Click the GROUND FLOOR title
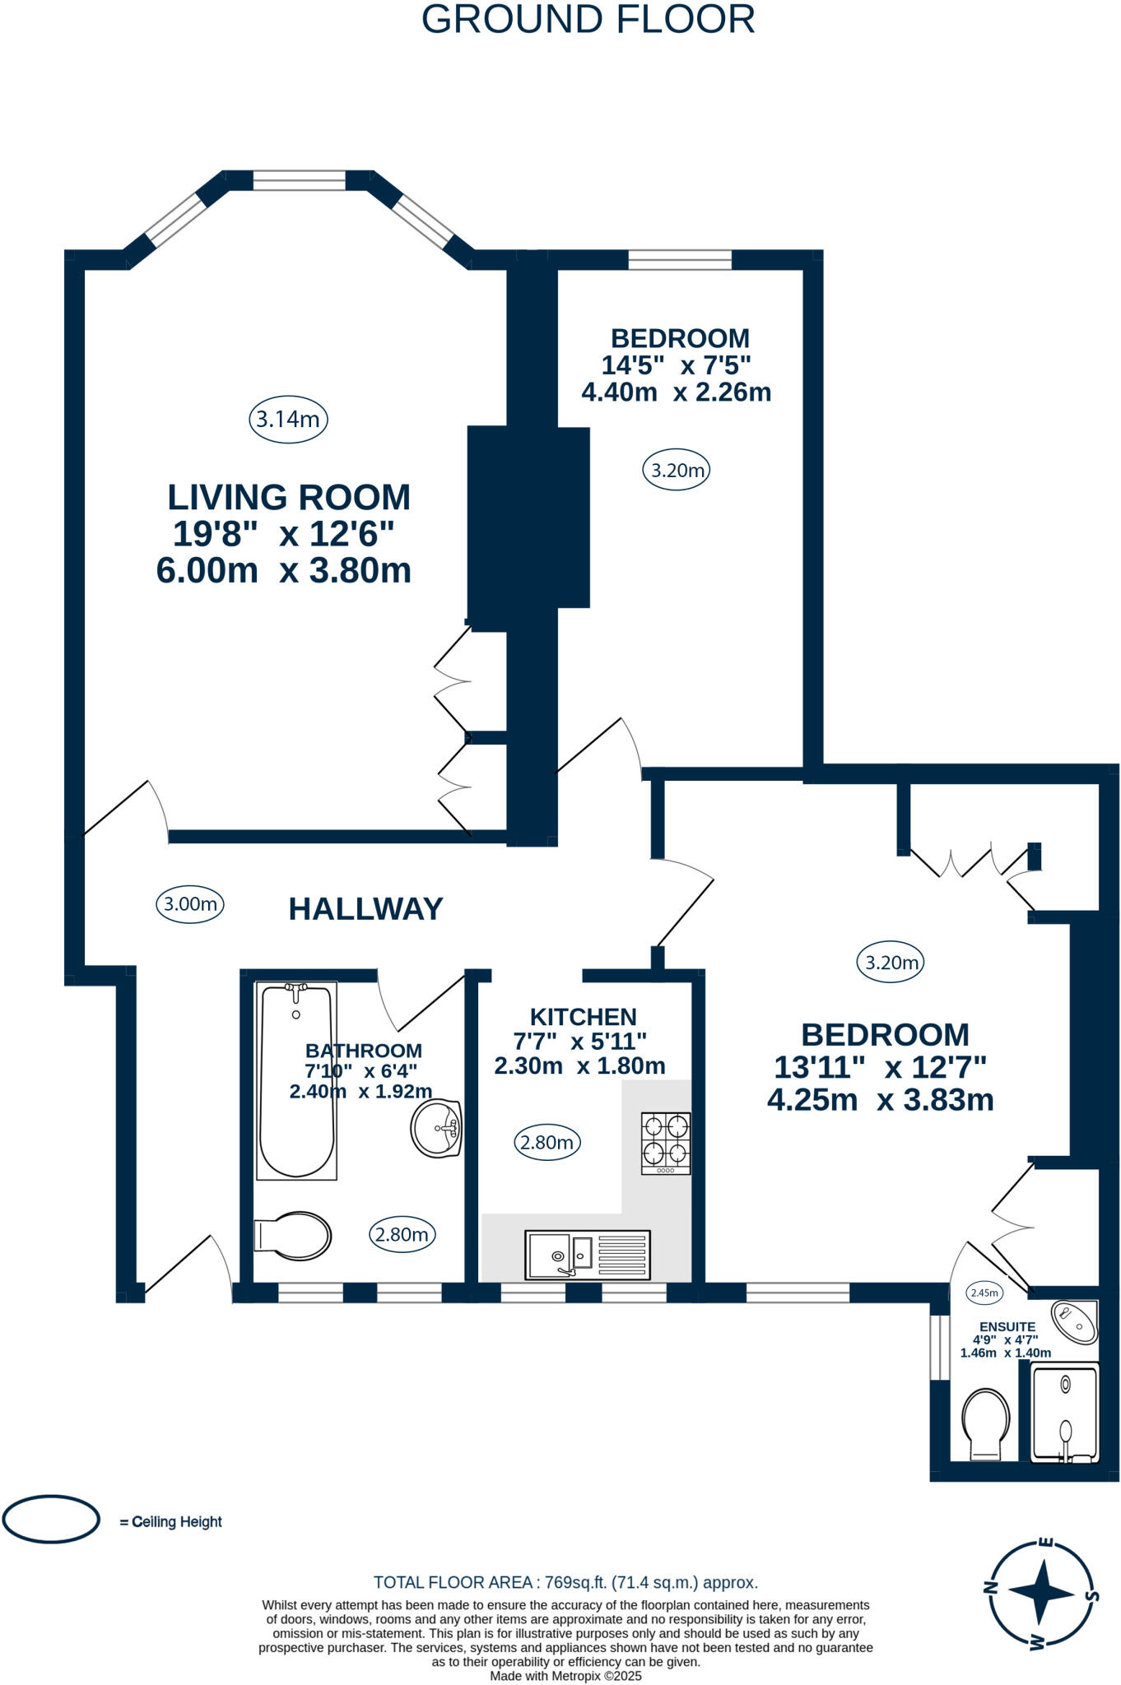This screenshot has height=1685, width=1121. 588,20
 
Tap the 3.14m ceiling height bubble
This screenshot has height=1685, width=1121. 288,420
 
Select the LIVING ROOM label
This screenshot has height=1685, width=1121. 289,497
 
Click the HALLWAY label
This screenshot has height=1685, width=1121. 365,909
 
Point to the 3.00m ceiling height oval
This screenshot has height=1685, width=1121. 190,904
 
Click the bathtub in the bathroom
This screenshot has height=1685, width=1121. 296,1081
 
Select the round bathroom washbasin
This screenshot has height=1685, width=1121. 436,1128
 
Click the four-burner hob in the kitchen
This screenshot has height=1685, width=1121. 666,1142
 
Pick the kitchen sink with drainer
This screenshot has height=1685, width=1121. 588,1254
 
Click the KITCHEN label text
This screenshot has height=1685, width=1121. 583,1017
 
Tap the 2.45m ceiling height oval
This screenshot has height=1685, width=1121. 984,1293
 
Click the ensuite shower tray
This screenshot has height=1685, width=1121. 1065,1413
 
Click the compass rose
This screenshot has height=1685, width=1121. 1041,1592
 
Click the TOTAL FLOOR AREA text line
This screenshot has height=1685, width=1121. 565,1582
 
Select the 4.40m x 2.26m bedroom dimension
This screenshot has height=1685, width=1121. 676,392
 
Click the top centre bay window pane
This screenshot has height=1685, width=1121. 299,180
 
